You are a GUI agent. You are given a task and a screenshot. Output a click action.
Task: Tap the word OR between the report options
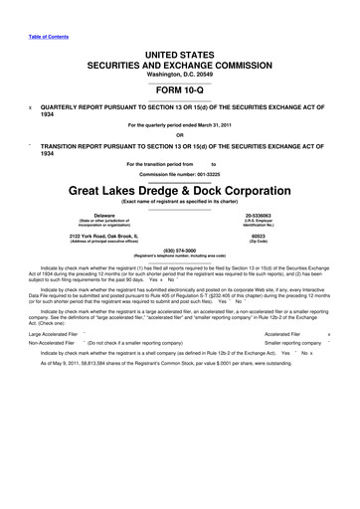click(179, 135)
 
